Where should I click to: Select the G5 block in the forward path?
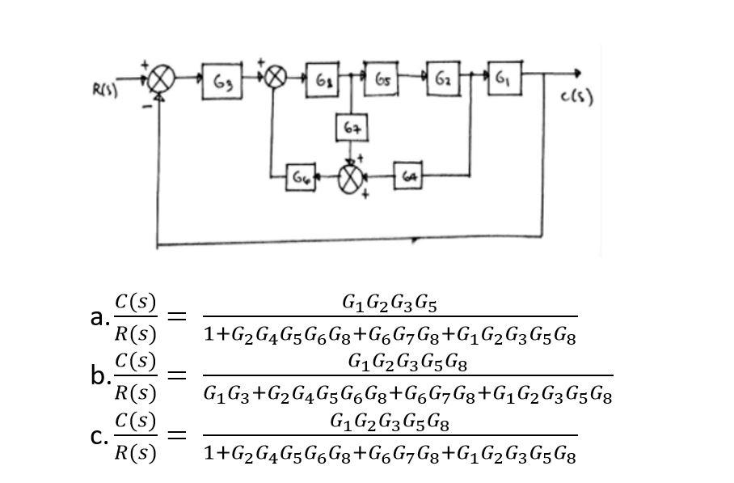click(x=382, y=78)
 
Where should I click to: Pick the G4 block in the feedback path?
click(x=410, y=176)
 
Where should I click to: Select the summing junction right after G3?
click(x=275, y=78)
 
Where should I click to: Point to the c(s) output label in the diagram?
click(x=576, y=99)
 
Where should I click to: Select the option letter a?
click(x=97, y=316)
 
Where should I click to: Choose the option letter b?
click(x=98, y=375)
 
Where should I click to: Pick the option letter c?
click(x=97, y=436)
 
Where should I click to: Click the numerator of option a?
click(x=390, y=303)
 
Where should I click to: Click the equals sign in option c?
click(x=177, y=436)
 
